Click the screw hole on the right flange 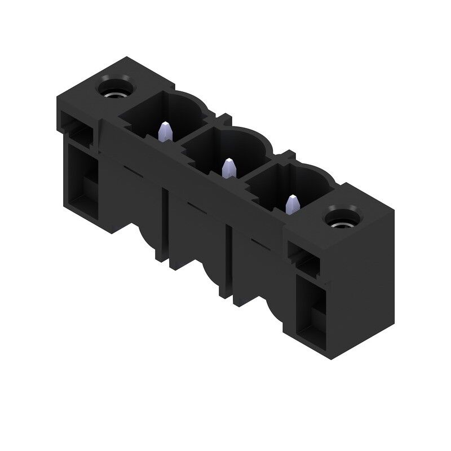tap(341, 218)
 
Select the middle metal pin tap(228, 168)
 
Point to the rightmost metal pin tap(293, 204)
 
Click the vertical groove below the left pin tap(166, 225)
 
